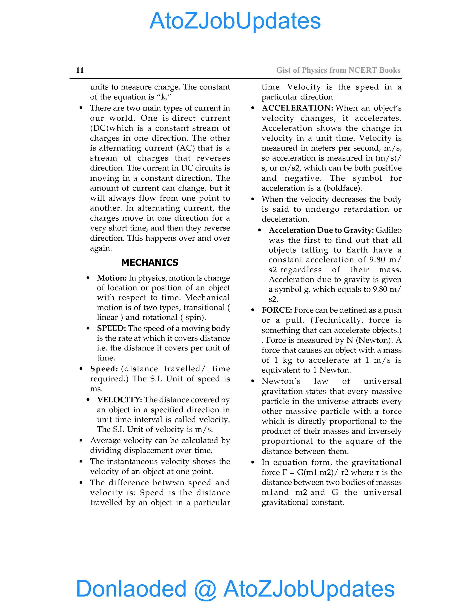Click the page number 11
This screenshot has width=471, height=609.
click(x=80, y=70)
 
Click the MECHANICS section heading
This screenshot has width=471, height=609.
click(x=149, y=262)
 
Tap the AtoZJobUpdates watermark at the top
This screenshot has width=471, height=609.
click(x=235, y=21)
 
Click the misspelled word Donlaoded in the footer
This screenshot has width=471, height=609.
click(x=131, y=589)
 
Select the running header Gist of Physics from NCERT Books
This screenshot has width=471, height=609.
click(x=338, y=70)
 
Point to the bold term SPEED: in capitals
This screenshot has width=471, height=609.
click(x=111, y=328)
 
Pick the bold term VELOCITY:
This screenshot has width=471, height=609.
click(x=119, y=400)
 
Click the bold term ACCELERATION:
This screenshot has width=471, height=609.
click(x=297, y=108)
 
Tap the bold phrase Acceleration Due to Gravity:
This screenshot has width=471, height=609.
click(x=321, y=230)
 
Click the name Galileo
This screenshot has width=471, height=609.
click(x=389, y=230)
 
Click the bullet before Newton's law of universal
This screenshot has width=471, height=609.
click(x=253, y=381)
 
